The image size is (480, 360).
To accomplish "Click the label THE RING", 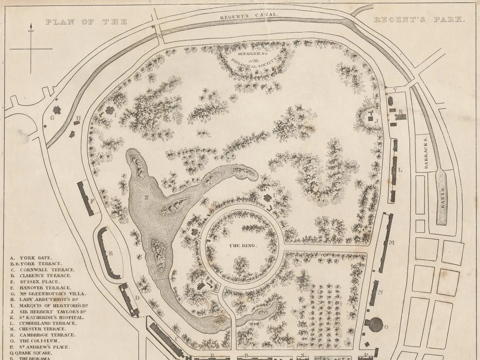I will pyautogui.click(x=243, y=246).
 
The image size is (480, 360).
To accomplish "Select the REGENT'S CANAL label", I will pyautogui.click(x=249, y=15).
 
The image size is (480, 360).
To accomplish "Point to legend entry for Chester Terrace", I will pyautogui.click(x=42, y=329).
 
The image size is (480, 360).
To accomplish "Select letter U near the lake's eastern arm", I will pyautogui.click(x=275, y=195).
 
